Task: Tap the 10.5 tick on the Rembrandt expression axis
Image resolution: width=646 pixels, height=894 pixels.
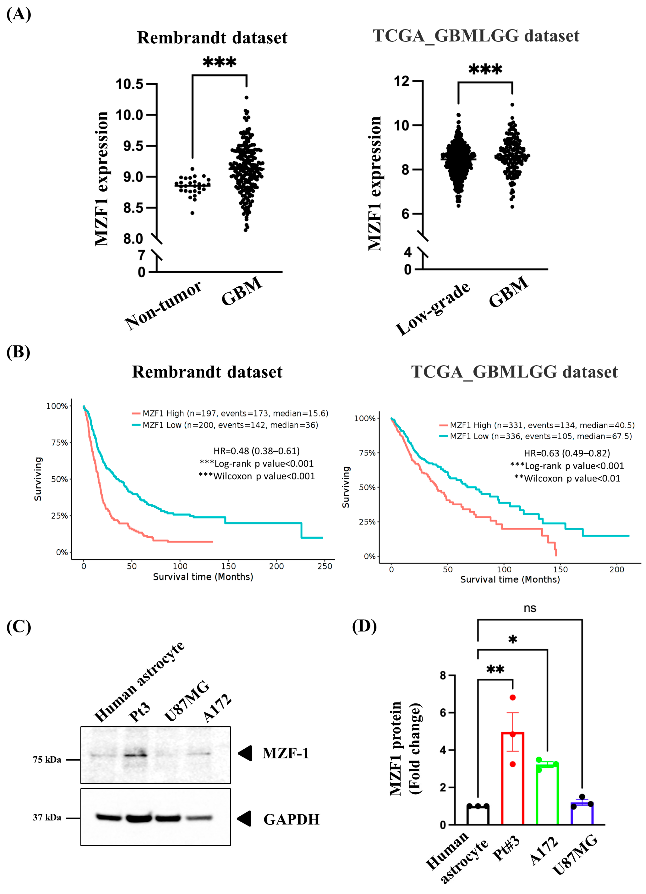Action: tap(129, 84)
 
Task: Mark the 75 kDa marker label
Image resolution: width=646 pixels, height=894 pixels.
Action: tap(47, 759)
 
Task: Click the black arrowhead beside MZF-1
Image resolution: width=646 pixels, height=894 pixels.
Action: tap(245, 753)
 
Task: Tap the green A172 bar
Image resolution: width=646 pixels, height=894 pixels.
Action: tap(547, 794)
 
